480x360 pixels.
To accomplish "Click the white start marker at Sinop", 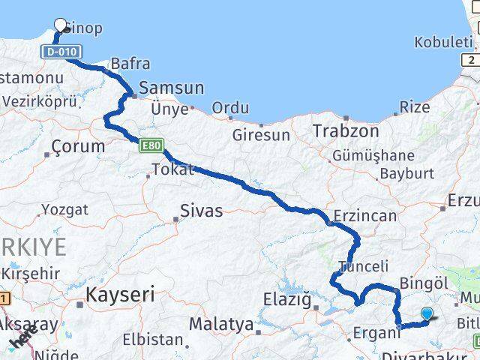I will pyautogui.click(x=61, y=25).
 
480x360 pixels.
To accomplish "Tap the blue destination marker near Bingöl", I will pyautogui.click(x=427, y=314).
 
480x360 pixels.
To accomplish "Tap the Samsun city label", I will pyautogui.click(x=172, y=88).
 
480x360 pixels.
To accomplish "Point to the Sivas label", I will pyautogui.click(x=201, y=211).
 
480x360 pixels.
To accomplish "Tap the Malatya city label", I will pyautogui.click(x=221, y=325).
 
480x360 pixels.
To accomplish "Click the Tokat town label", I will pyautogui.click(x=172, y=169).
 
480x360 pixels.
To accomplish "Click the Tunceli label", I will pyautogui.click(x=364, y=266).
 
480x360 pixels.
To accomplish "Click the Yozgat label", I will pyautogui.click(x=64, y=209).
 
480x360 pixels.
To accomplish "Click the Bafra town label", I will pyautogui.click(x=130, y=64).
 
